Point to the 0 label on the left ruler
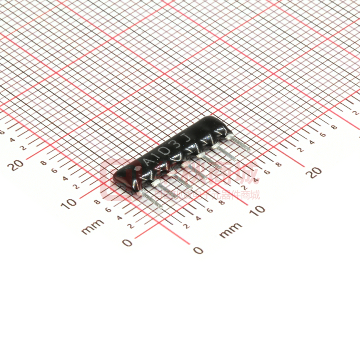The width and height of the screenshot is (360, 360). coord(127,242)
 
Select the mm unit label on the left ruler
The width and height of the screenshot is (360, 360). coord(92,226)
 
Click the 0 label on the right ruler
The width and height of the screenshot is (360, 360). coord(198,250)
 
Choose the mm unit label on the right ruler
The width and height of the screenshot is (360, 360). coord(231,231)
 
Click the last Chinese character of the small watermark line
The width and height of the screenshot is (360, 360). coord(255,195)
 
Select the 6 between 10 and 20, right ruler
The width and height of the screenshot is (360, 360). coord(266,172)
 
